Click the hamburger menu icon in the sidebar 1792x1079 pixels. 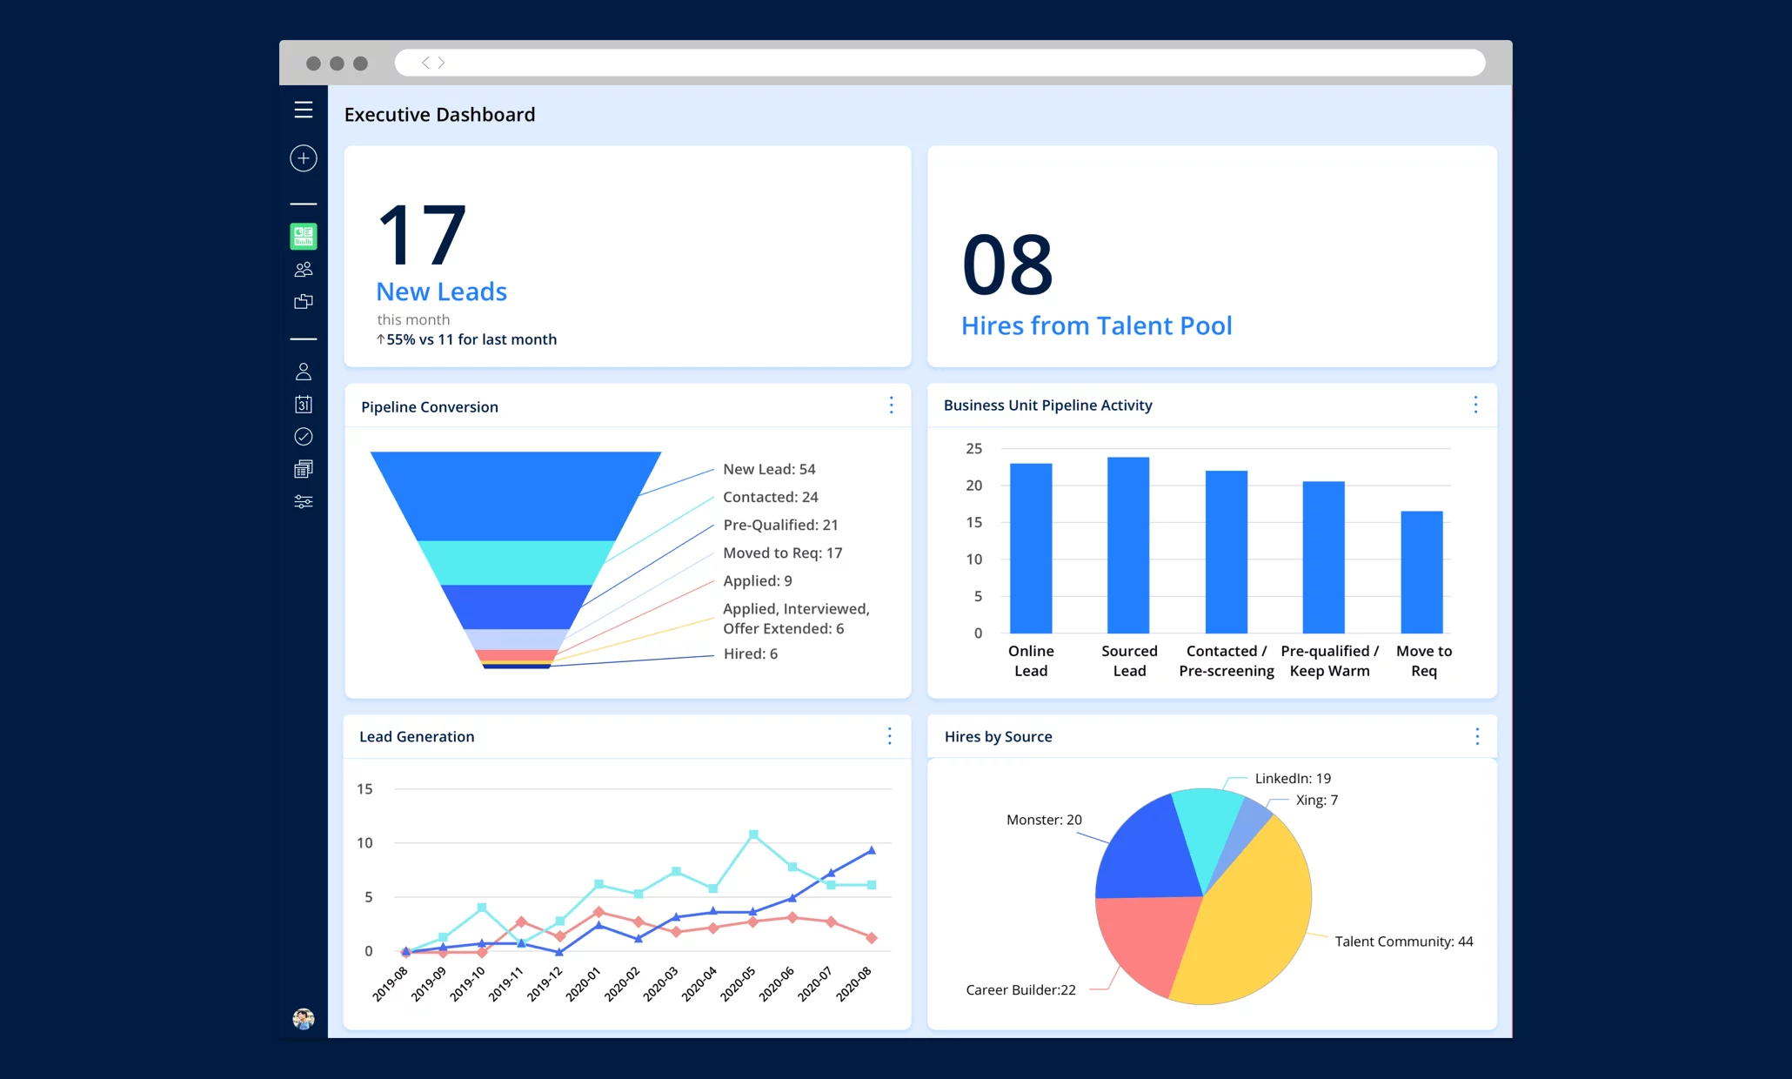pos(303,110)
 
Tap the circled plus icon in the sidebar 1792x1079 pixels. pos(303,158)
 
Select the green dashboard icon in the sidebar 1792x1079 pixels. pos(303,236)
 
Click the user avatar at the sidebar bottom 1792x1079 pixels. pos(303,1018)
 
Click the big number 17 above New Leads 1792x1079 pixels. pos(423,235)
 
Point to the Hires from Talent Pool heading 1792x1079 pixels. pos(1096,325)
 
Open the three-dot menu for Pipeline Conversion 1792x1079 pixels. pos(891,405)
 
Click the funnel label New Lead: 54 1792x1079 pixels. pos(769,469)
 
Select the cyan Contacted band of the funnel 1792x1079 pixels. pos(515,562)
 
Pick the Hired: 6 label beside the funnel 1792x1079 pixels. pos(750,653)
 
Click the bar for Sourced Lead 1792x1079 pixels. pos(1128,546)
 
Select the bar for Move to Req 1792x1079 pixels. pos(1421,572)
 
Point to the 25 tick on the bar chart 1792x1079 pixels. pos(973,449)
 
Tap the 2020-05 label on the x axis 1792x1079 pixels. pos(739,984)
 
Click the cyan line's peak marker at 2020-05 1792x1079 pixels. pos(753,834)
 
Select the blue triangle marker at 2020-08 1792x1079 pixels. pos(871,850)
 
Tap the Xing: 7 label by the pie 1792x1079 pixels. pos(1316,800)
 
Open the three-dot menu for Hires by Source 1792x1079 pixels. pos(1476,737)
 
